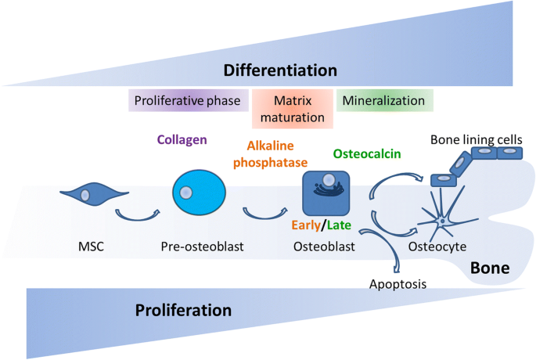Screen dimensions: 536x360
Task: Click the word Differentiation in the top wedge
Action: click(x=280, y=70)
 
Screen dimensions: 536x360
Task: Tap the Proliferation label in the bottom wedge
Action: click(x=183, y=310)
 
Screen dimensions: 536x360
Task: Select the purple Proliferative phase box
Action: click(x=189, y=100)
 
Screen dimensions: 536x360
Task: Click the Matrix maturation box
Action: click(x=293, y=109)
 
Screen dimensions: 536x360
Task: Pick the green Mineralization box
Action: click(x=385, y=100)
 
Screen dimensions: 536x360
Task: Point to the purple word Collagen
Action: click(x=182, y=139)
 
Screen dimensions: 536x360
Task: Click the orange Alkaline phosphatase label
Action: click(x=271, y=154)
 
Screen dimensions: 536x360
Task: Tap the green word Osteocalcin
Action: click(x=367, y=154)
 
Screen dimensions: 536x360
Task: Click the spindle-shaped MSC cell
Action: click(x=95, y=194)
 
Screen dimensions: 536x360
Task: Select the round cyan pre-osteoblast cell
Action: click(x=199, y=193)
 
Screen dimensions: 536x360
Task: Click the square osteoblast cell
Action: click(x=326, y=193)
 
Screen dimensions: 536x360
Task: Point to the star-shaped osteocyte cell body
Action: click(x=442, y=221)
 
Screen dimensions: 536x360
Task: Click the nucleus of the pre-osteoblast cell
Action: click(x=185, y=193)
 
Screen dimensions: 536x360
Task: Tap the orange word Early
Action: click(x=306, y=225)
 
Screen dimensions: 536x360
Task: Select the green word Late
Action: click(x=339, y=225)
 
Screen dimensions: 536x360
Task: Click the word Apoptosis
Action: click(x=398, y=284)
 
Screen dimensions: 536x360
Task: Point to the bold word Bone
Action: click(x=490, y=268)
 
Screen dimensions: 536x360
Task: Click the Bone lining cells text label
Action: click(x=477, y=139)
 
